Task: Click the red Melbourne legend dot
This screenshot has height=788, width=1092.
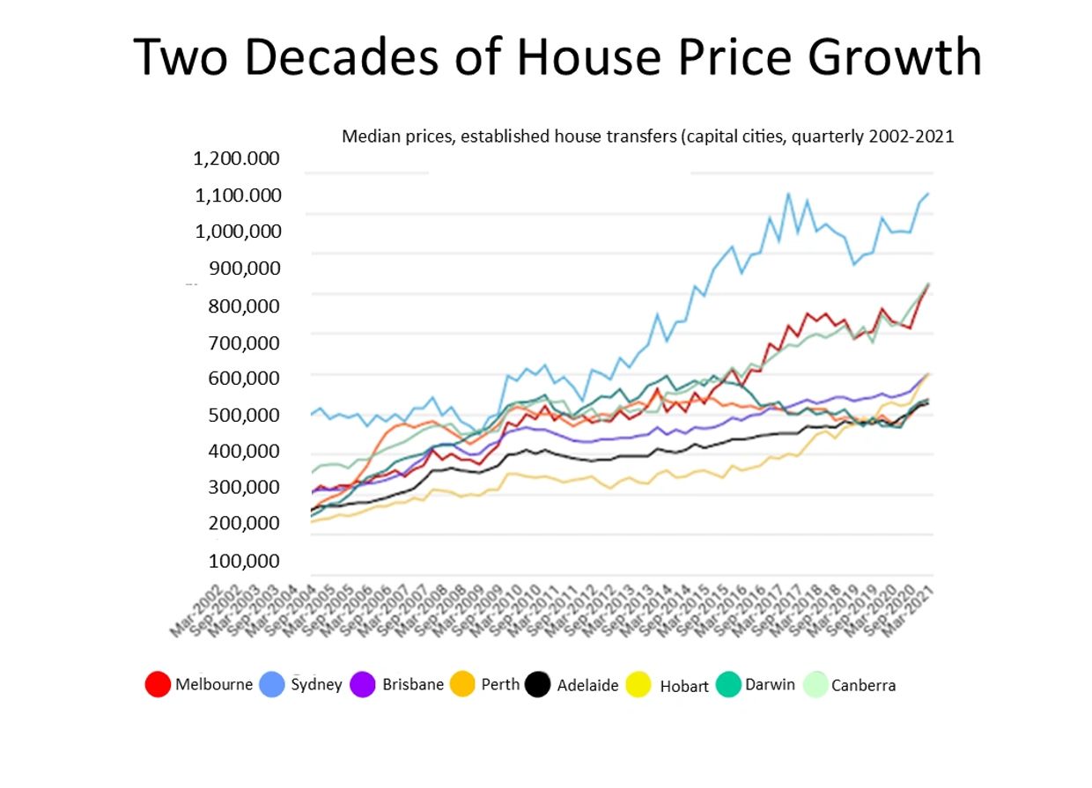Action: pos(158,684)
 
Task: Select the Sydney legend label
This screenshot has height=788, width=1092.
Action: pos(316,684)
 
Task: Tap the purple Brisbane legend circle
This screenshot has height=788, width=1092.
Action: pos(364,684)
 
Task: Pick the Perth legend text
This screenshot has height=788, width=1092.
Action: pos(500,684)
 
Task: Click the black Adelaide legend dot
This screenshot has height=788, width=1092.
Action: pos(537,685)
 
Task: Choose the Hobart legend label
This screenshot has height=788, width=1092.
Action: pos(684,686)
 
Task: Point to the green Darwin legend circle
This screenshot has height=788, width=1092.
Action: pos(727,684)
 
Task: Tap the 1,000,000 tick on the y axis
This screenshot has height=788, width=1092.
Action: pos(238,232)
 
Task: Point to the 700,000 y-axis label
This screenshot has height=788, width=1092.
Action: pos(245,342)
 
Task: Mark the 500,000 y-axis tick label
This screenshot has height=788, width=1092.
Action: pos(245,415)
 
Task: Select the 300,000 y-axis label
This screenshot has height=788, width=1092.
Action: pos(245,487)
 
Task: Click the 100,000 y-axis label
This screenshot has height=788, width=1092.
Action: pos(245,561)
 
